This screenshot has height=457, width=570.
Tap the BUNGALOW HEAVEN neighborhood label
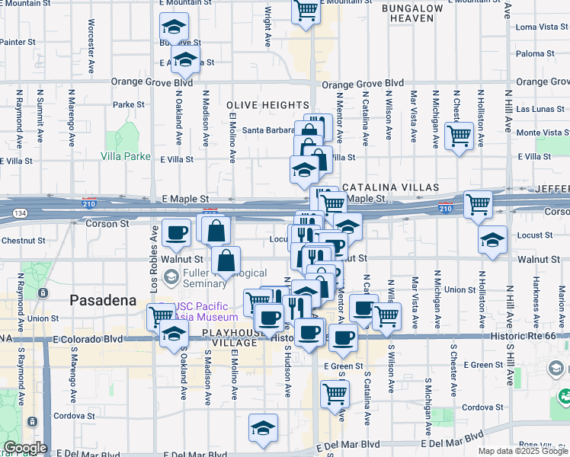coord(412,14)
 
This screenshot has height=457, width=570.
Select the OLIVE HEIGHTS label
coord(267,105)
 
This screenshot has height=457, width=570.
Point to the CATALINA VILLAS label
coord(390,187)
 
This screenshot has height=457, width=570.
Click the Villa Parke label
coord(125,156)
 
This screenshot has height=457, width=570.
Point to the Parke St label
coord(128,104)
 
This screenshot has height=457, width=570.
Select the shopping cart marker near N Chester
coord(459,137)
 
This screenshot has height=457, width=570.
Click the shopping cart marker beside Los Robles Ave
coord(161,314)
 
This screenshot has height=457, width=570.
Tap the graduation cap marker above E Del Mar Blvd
coord(264,427)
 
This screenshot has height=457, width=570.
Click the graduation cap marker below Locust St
coord(492,240)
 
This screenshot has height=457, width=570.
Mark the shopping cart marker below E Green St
coord(335,394)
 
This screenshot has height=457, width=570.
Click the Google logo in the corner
coord(24,448)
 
